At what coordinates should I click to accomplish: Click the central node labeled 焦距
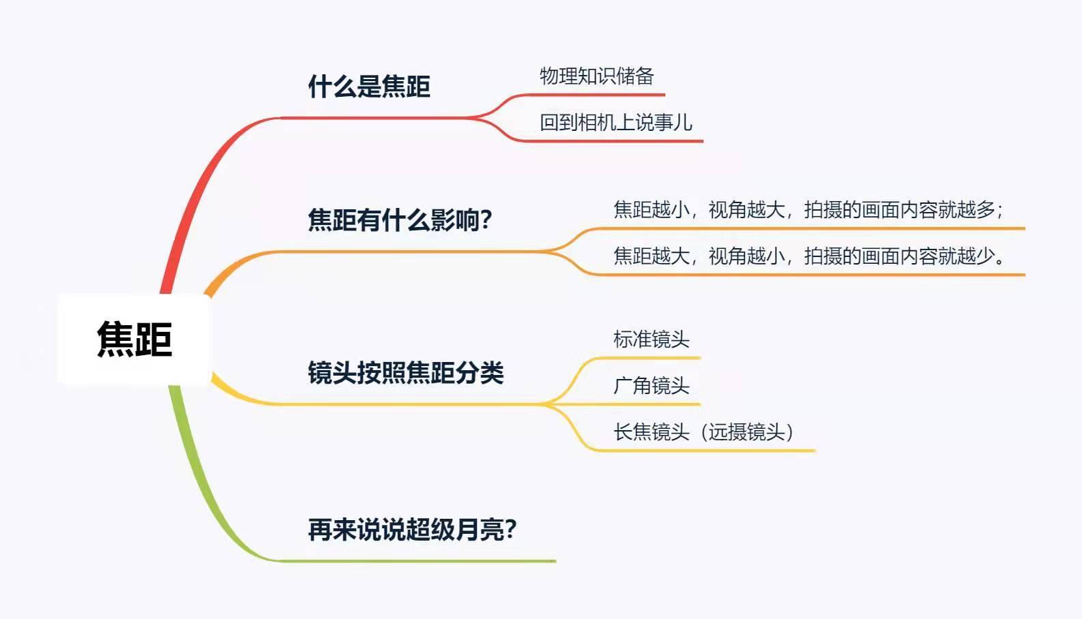(x=134, y=339)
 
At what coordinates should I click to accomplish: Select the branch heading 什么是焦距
(x=369, y=87)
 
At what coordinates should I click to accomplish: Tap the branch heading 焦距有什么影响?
(x=400, y=220)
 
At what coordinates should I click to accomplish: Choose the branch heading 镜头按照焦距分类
(x=405, y=373)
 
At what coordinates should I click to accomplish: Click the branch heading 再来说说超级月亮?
(x=412, y=530)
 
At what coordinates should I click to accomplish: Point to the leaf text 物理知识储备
(x=597, y=76)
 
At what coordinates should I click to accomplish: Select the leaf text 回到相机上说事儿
(x=616, y=123)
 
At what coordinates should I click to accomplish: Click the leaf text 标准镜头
(x=651, y=339)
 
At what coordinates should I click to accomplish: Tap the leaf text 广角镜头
(x=651, y=386)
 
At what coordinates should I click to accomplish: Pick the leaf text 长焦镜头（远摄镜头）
(x=703, y=432)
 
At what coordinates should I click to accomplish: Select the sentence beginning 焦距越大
(x=808, y=256)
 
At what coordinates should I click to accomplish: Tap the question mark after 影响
(x=486, y=220)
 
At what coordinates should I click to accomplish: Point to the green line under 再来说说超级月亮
(x=416, y=561)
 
